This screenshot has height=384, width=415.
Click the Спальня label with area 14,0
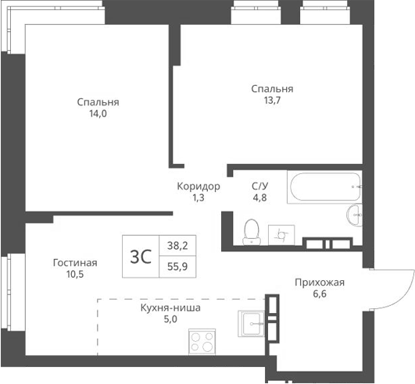pyautogui.click(x=98, y=102)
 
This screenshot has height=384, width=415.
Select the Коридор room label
pyautogui.click(x=198, y=187)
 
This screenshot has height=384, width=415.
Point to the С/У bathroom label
pyautogui.click(x=259, y=186)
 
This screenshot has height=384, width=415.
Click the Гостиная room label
pyautogui.click(x=75, y=262)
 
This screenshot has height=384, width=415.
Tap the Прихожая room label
pyautogui.click(x=319, y=283)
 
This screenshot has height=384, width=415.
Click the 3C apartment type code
pyautogui.click(x=140, y=255)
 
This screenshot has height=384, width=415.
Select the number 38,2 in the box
pyautogui.click(x=177, y=245)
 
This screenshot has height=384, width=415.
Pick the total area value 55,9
pyautogui.click(x=177, y=265)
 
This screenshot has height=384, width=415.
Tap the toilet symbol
pyautogui.click(x=252, y=230)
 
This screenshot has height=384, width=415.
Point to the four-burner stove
pyautogui.click(x=202, y=343)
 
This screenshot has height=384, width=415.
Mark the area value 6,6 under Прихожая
pyautogui.click(x=319, y=295)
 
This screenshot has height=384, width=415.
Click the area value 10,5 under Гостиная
pyautogui.click(x=75, y=275)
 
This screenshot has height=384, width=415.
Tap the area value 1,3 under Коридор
pyautogui.click(x=198, y=199)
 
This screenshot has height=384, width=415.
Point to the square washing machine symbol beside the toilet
pyautogui.click(x=280, y=233)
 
